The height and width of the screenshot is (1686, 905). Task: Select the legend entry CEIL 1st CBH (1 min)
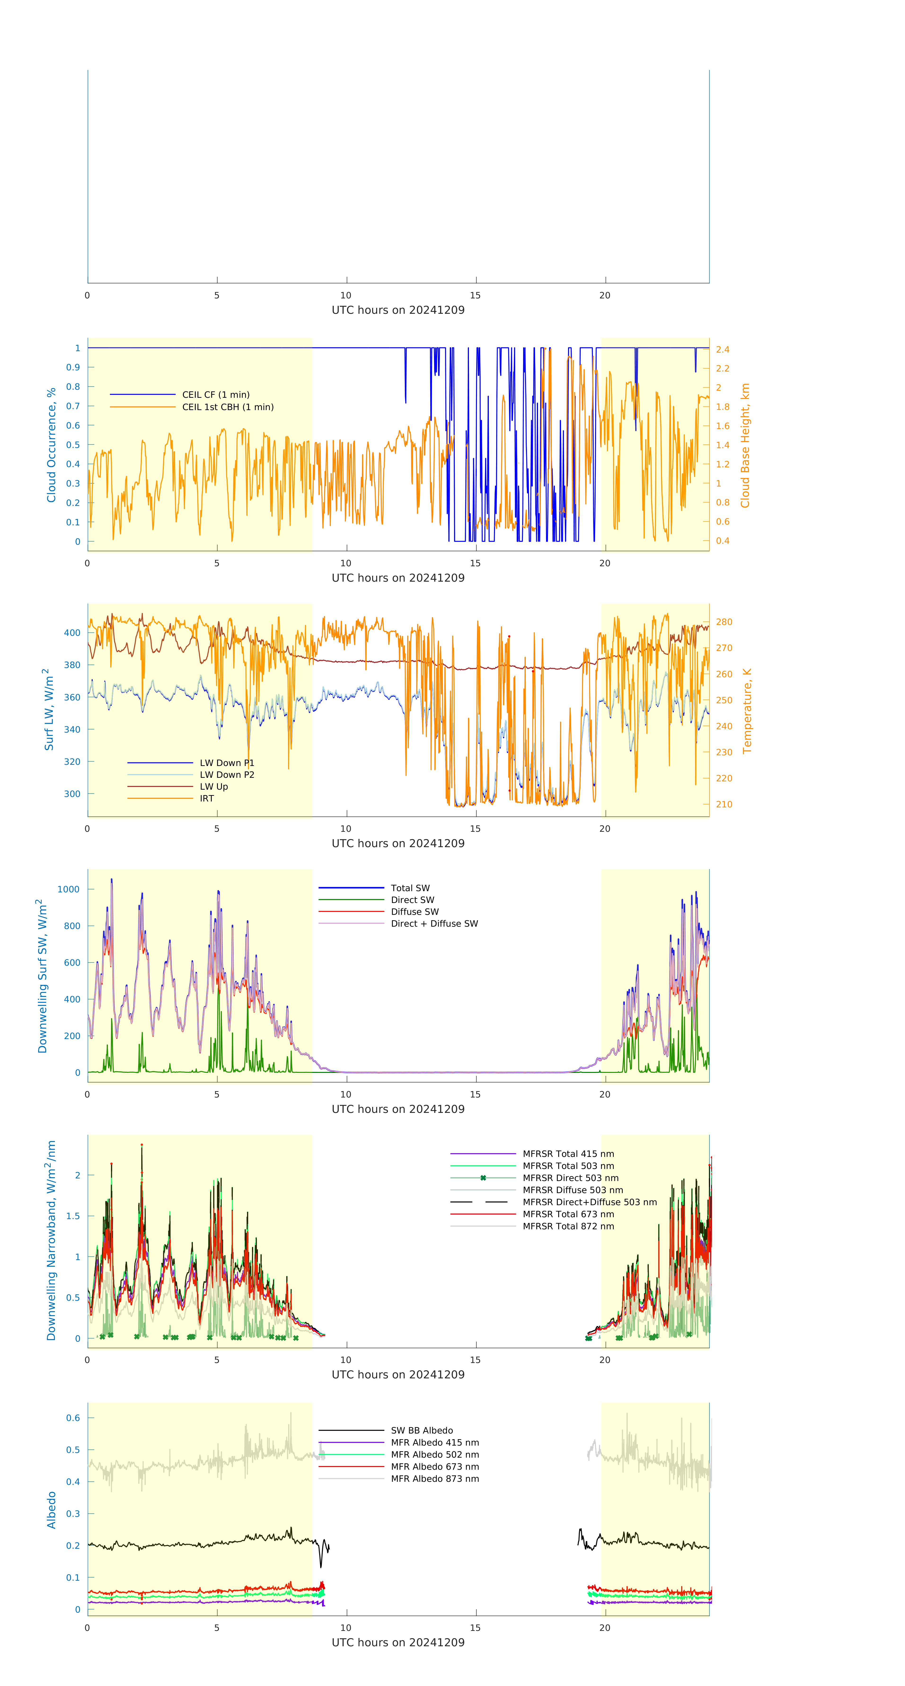228,407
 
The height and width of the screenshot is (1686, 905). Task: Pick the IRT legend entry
207,798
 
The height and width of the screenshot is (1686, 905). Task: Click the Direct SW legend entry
412,900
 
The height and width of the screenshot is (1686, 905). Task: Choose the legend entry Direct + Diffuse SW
434,924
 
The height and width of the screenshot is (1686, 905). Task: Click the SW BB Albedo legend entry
421,1431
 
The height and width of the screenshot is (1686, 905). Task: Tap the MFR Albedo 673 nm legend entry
434,1467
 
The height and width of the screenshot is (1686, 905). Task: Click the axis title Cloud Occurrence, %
51,445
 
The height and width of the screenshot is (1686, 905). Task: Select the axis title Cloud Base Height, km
745,445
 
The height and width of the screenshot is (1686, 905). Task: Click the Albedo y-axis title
51,1510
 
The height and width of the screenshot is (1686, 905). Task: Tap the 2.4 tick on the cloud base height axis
722,350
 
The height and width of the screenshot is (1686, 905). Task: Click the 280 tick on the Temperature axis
724,622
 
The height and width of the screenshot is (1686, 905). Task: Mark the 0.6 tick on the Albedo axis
73,1418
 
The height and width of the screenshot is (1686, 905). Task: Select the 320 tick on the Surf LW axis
72,762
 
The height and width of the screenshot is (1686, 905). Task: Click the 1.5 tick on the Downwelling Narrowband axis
73,1216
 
